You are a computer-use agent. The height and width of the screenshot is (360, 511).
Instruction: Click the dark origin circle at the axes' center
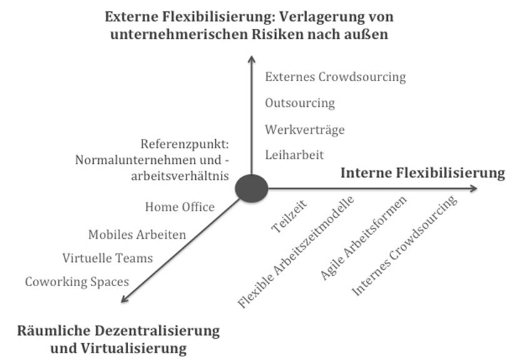(x=251, y=188)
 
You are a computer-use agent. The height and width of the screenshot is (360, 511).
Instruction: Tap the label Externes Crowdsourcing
(x=335, y=77)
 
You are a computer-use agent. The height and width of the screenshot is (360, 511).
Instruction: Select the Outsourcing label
(x=300, y=103)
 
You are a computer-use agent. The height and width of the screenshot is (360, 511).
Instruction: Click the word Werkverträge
(x=305, y=129)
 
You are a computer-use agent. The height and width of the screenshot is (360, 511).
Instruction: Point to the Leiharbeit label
(x=295, y=155)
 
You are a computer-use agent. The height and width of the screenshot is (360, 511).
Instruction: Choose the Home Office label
(x=180, y=207)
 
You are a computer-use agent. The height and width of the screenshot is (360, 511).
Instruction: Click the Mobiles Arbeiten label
(x=137, y=234)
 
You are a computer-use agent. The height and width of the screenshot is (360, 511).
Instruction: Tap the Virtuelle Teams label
(x=108, y=258)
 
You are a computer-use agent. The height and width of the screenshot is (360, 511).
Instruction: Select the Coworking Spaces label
(x=77, y=282)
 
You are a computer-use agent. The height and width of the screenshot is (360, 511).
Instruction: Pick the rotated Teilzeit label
(x=289, y=216)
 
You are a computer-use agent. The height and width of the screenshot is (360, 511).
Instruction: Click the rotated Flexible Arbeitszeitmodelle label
(x=296, y=252)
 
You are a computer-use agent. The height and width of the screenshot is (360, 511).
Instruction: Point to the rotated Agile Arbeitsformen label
(x=363, y=238)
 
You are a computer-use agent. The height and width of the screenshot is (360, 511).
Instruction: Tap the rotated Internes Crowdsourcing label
(x=404, y=246)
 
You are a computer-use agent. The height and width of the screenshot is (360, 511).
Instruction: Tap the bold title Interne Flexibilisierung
(x=423, y=172)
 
